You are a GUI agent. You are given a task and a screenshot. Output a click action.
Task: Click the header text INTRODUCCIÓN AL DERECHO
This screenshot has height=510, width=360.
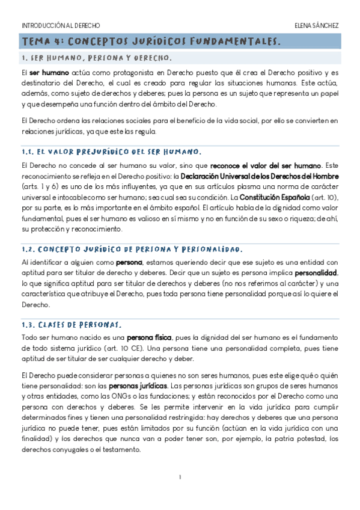[x=61, y=26]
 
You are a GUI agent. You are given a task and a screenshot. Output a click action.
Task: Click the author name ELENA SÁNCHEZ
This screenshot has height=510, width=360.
[x=317, y=26]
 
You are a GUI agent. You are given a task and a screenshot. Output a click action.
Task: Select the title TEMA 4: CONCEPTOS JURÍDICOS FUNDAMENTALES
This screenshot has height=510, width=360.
[x=151, y=41]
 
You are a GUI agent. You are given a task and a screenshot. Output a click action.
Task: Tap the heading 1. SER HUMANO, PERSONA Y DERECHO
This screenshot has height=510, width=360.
[x=96, y=58]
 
